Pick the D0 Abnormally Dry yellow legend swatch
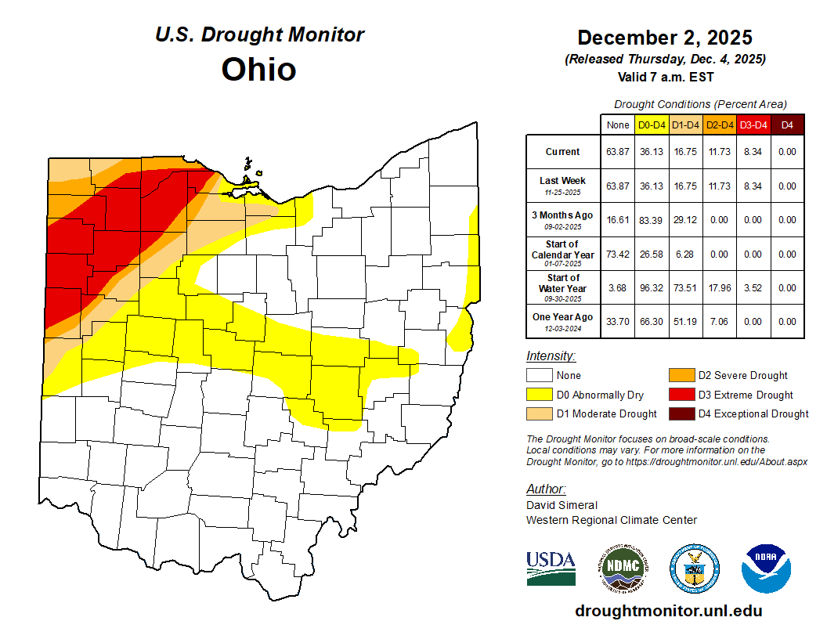(x=540, y=395)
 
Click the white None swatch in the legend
(x=540, y=376)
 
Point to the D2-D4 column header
(x=720, y=125)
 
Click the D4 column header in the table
(x=787, y=125)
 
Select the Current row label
(x=563, y=152)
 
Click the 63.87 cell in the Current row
(x=618, y=152)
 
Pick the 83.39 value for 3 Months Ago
(x=652, y=220)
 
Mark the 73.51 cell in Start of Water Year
(x=686, y=287)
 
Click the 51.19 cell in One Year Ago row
(x=686, y=321)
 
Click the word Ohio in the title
(x=258, y=69)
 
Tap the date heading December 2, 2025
(x=665, y=38)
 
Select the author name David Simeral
(x=562, y=505)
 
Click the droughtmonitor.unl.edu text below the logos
(x=668, y=611)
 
